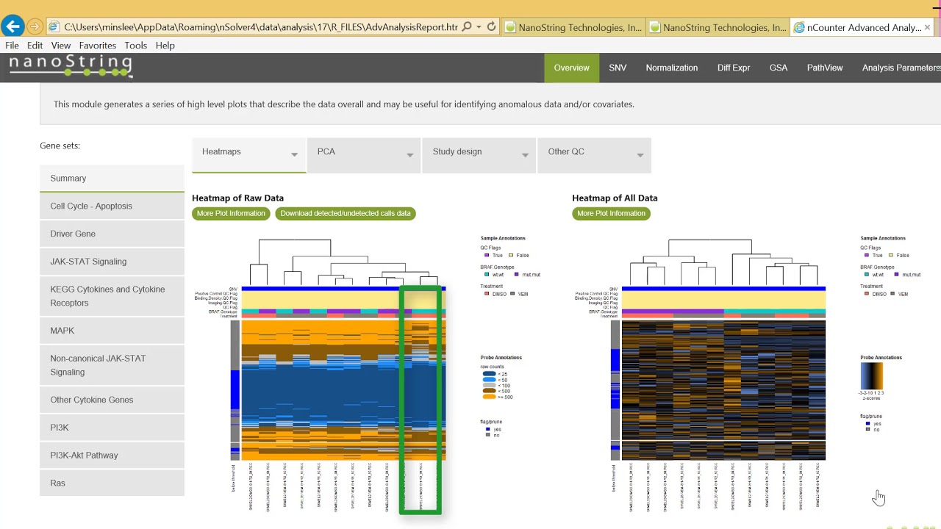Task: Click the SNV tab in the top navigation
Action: [618, 68]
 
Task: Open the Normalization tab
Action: [671, 68]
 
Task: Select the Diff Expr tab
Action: [733, 68]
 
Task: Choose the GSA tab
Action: [778, 68]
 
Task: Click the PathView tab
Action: [824, 68]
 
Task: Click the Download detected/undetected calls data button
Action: [346, 213]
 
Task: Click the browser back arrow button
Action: [12, 27]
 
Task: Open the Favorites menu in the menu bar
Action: [97, 46]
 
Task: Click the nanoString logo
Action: [71, 66]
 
